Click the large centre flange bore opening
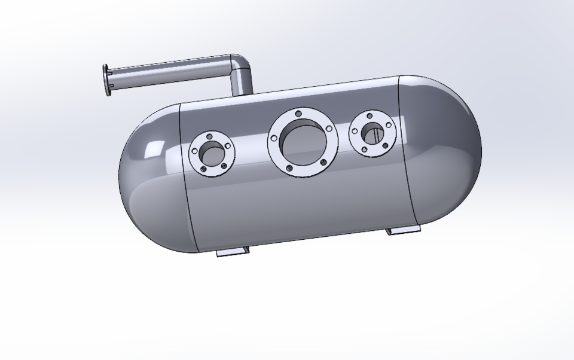[x=303, y=143]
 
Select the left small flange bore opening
[x=211, y=154]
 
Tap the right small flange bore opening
[x=373, y=133]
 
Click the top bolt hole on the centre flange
[x=298, y=112]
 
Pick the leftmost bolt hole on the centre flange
[x=274, y=138]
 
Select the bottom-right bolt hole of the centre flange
[x=323, y=162]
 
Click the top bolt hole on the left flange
[x=209, y=136]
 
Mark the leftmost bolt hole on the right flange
[x=355, y=132]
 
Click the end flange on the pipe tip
[x=106, y=80]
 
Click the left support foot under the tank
[x=232, y=252]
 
